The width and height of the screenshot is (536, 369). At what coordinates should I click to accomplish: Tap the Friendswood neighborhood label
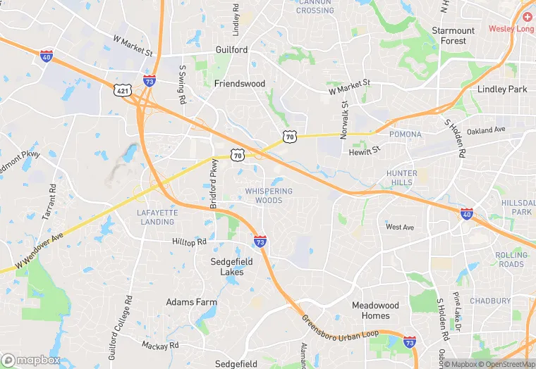[240, 83]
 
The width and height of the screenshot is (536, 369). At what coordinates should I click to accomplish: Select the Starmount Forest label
[453, 36]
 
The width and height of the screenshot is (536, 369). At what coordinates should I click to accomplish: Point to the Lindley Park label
[502, 89]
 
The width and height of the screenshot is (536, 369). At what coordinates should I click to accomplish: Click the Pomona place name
[405, 134]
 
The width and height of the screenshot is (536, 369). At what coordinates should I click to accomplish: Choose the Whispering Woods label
[269, 196]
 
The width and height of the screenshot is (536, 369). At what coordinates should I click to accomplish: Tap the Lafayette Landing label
[155, 217]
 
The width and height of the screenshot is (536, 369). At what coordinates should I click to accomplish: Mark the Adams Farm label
[189, 302]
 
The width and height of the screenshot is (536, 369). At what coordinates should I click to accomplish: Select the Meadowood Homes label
[375, 311]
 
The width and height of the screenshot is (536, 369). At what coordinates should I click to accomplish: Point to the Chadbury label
[490, 301]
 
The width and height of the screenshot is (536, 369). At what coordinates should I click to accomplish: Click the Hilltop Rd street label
[190, 242]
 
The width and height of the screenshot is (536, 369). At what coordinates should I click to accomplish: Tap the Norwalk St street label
[346, 120]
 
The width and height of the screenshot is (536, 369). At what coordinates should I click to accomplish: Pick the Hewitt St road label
[365, 149]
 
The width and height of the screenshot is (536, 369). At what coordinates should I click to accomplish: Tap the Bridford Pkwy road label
[214, 184]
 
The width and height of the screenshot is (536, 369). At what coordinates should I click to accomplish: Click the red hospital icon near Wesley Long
[528, 16]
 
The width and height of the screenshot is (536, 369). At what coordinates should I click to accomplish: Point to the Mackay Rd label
[160, 346]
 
